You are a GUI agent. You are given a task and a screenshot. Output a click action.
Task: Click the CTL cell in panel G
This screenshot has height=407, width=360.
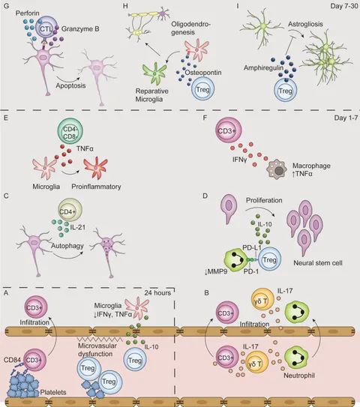click(46, 28)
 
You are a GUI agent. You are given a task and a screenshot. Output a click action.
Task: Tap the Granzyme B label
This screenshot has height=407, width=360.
click(80, 28)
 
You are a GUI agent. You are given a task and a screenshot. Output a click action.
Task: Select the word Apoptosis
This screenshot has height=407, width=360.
click(70, 85)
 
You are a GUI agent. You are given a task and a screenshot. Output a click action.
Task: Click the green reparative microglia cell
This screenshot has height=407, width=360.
click(154, 73)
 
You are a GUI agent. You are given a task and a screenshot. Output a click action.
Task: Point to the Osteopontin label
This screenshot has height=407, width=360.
click(202, 73)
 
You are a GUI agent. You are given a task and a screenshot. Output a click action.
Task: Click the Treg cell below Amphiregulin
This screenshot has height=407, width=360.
click(286, 91)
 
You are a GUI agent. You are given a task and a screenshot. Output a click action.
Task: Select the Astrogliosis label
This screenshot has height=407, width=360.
click(305, 24)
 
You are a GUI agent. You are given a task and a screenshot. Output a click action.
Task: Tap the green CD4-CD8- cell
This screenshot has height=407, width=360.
click(70, 131)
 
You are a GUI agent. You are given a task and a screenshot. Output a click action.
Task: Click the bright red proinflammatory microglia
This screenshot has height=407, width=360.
click(95, 168)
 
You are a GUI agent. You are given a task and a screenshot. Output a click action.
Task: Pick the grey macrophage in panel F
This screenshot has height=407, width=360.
click(277, 170)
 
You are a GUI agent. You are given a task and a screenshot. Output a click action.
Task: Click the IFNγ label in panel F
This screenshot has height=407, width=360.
click(239, 159)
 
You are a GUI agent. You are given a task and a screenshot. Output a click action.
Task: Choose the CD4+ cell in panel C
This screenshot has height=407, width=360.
click(70, 211)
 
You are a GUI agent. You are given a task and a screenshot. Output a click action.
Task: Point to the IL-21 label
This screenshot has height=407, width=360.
click(78, 227)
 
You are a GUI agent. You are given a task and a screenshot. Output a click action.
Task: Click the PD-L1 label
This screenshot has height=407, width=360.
click(252, 247)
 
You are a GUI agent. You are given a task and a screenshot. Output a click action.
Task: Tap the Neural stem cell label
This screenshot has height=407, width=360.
click(318, 262)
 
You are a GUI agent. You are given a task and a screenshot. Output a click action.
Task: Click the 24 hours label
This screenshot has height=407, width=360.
click(157, 293)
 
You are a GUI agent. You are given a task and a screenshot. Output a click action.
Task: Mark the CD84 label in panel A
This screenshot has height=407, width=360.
click(12, 360)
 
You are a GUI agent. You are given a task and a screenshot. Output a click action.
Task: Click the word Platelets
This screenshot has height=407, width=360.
click(53, 392)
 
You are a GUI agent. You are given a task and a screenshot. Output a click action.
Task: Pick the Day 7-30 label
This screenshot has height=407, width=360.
click(344, 6)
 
